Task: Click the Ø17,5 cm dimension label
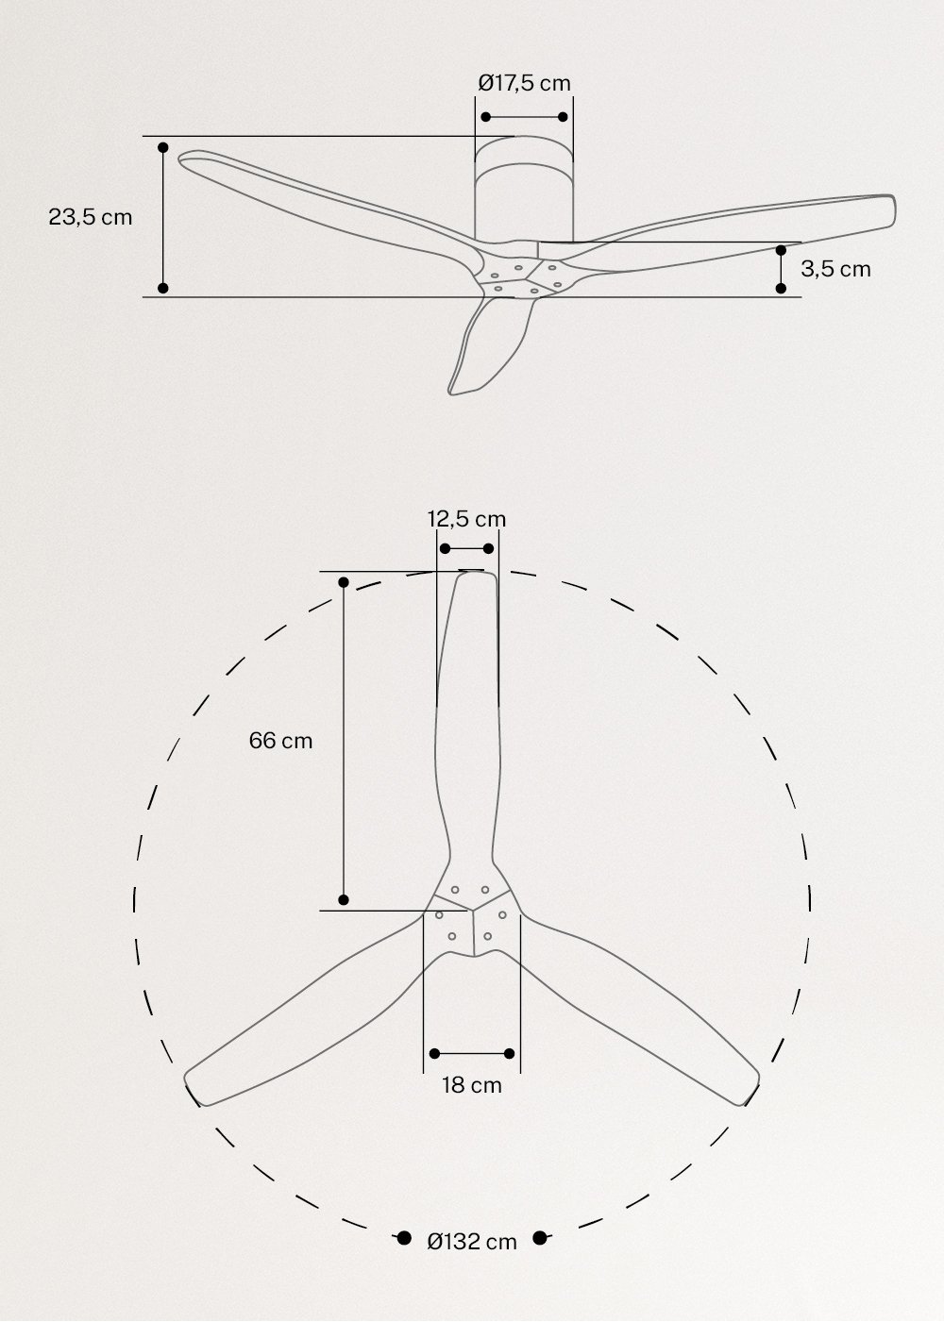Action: tap(524, 83)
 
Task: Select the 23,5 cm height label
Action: tap(91, 217)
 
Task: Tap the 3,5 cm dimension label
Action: tap(835, 269)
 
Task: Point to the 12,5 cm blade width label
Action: tap(466, 519)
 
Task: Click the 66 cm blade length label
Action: tap(280, 741)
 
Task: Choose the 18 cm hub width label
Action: tap(472, 1085)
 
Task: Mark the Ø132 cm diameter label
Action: tap(472, 1242)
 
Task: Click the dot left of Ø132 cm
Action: tap(403, 1238)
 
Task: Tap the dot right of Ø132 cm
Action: tap(541, 1238)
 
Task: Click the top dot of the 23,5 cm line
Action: tap(163, 148)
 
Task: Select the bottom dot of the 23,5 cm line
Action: tap(163, 288)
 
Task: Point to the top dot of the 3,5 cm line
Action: tap(781, 250)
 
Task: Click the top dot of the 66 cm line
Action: tap(344, 582)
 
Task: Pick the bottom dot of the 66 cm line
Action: tap(344, 899)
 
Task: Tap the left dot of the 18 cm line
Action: tap(434, 1053)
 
